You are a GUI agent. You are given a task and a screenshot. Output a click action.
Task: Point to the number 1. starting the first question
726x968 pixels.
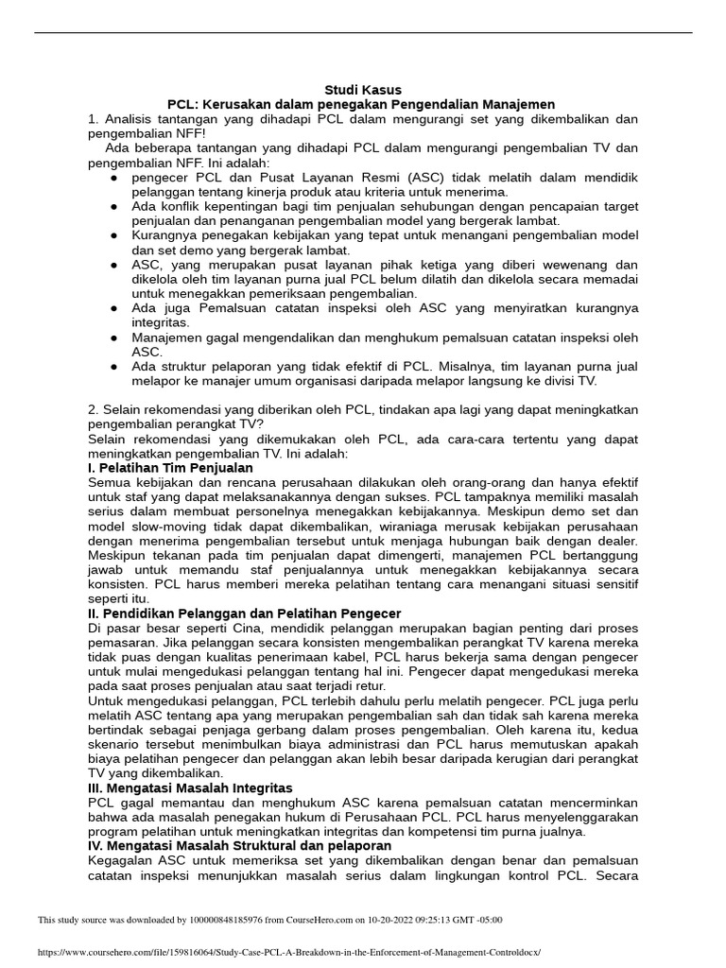click(94, 119)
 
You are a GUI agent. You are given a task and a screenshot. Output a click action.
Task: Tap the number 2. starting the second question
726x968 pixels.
click(94, 408)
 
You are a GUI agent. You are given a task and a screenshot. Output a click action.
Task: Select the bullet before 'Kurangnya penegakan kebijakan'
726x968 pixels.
click(114, 235)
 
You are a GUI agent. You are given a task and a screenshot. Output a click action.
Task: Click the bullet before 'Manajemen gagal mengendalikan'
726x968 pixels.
click(114, 337)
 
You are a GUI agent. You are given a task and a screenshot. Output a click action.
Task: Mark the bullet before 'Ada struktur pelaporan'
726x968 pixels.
click(114, 366)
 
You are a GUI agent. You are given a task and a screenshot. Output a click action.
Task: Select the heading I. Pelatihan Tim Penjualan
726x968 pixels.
click(170, 467)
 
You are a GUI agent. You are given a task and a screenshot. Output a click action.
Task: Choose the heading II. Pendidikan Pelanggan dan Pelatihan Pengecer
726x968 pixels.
click(244, 614)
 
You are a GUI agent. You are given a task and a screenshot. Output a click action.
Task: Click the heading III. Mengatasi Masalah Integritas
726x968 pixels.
click(190, 787)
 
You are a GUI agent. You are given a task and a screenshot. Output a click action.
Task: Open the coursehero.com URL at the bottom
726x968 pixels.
click(289, 953)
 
